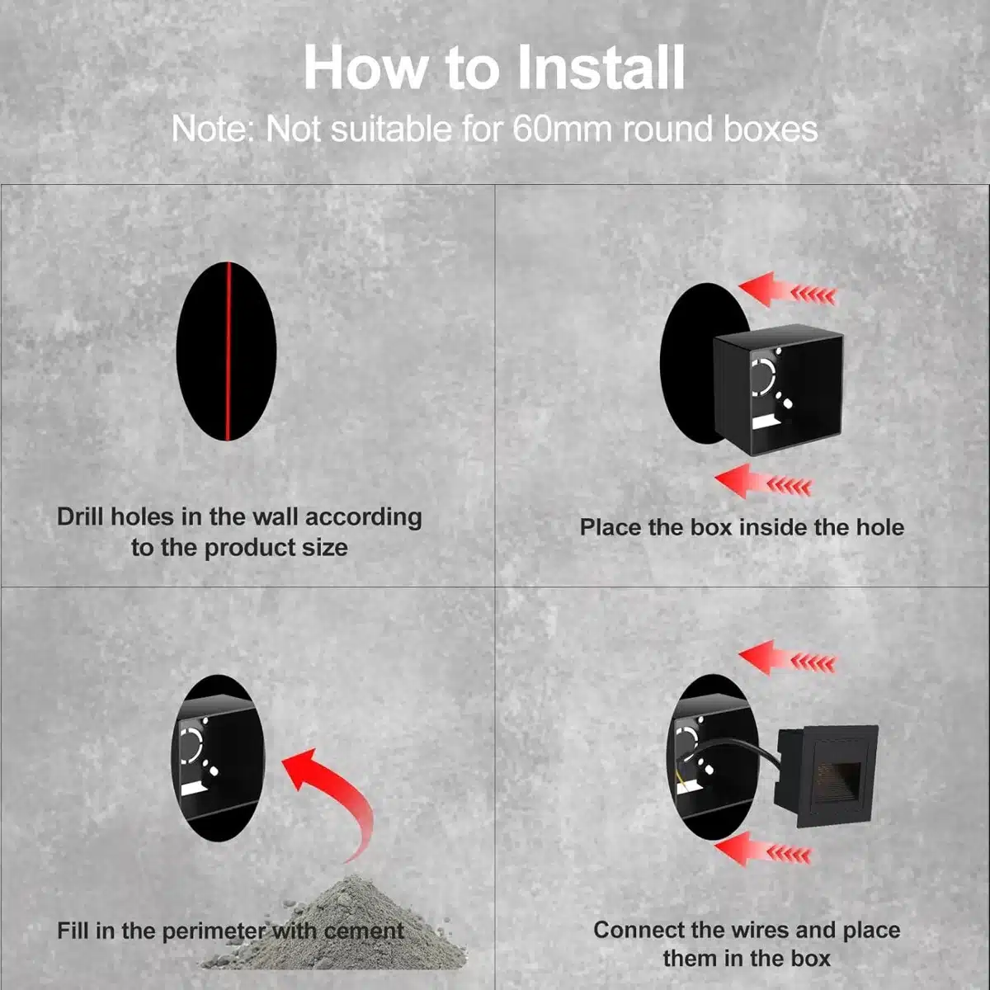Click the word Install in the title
coord(601,68)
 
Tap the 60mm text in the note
coord(562,129)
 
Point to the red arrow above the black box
coord(787,290)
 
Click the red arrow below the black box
coord(763,481)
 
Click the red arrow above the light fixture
coord(787,658)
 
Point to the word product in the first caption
coord(250,548)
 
